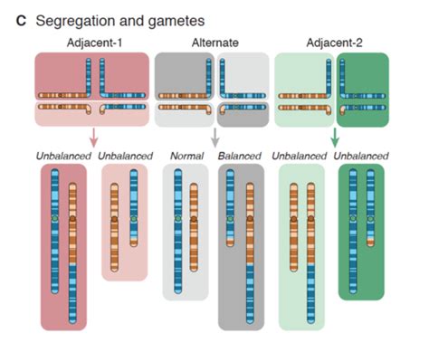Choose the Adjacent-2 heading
tap(331, 43)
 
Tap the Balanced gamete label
tap(240, 156)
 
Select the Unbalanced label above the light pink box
tap(124, 156)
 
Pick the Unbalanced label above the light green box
tap(300, 156)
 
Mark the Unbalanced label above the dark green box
tap(361, 156)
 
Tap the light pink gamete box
tap(124, 222)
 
